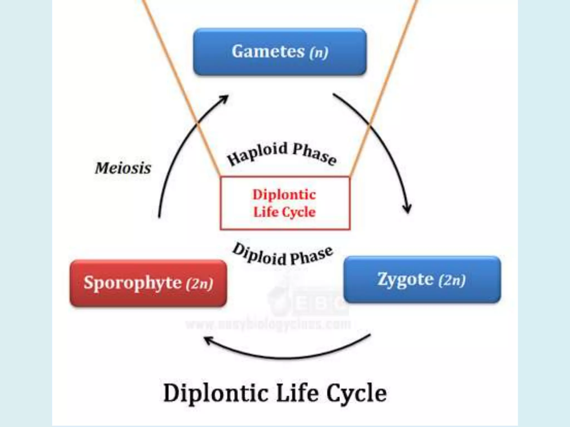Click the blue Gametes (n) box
click(280, 52)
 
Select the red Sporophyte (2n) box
click(148, 283)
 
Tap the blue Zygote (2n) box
click(422, 279)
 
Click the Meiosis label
click(123, 168)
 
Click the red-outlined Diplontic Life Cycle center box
click(285, 203)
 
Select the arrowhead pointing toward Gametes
click(224, 99)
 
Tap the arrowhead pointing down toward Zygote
click(408, 208)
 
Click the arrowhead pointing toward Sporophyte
click(209, 340)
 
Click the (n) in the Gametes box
click(319, 52)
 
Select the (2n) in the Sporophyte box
click(200, 284)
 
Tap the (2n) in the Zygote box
click(452, 280)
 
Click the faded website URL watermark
click(268, 324)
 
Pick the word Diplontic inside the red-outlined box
click(284, 194)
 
